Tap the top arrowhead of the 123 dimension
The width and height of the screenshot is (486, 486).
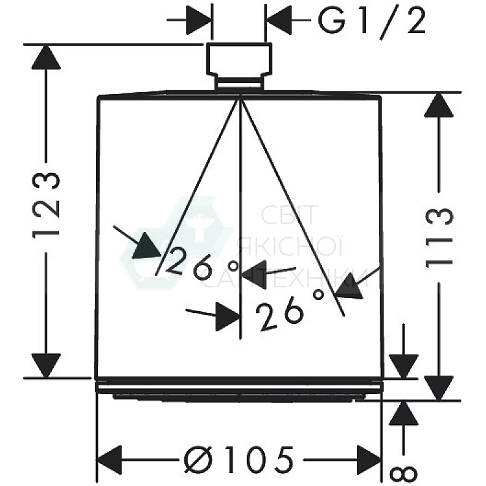[x=46, y=58]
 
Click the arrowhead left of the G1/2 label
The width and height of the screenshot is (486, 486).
[x=198, y=21]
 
